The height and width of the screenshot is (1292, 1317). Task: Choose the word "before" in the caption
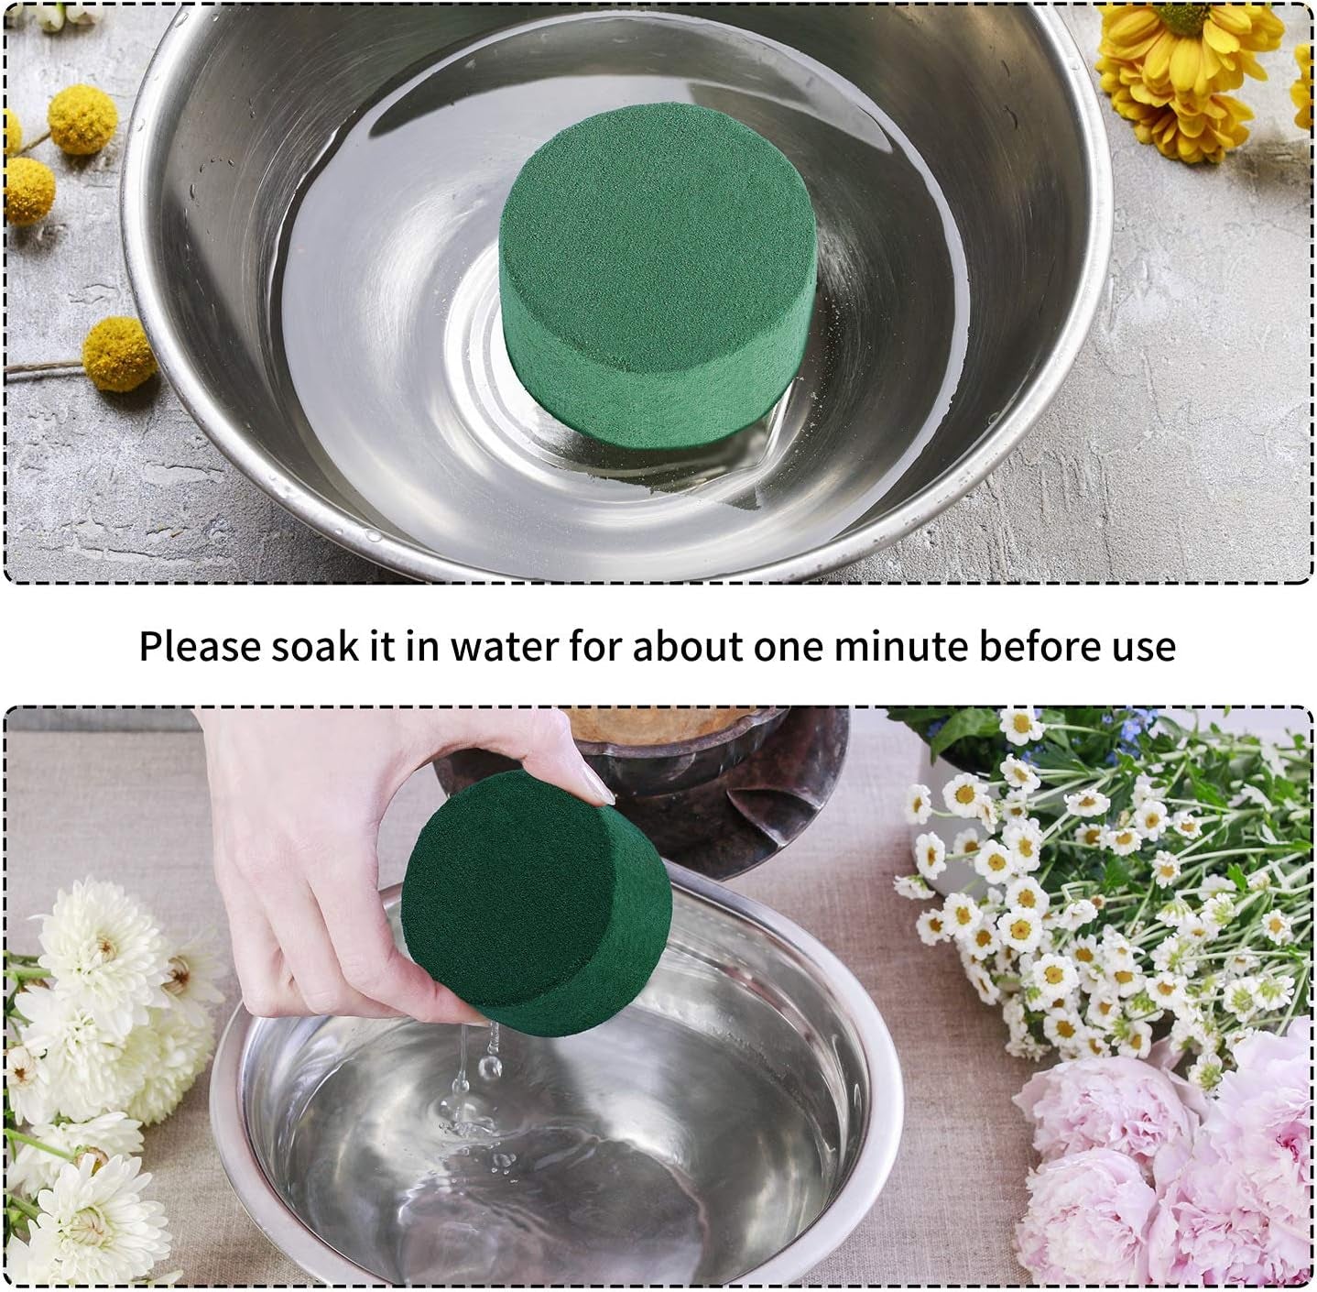click(x=1037, y=646)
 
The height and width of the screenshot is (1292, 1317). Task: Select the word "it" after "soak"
click(x=382, y=646)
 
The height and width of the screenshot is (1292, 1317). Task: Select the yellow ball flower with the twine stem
click(x=115, y=353)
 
